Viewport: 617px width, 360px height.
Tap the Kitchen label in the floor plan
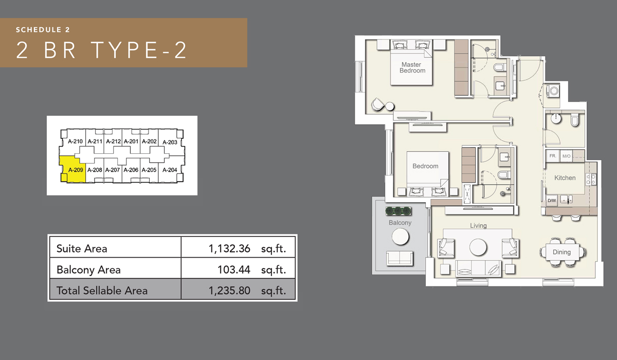coord(565,178)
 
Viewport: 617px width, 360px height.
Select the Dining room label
coord(561,252)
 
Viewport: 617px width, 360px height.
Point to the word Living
coord(478,225)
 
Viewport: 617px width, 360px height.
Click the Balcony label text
coord(400,223)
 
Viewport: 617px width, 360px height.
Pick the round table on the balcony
coord(400,237)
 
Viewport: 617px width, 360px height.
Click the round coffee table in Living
coord(478,247)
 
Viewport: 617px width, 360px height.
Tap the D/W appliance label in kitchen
coord(552,200)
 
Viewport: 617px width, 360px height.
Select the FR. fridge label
coord(553,156)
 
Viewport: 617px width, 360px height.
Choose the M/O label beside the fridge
coord(566,156)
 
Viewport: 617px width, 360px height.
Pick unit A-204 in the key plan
coord(169,170)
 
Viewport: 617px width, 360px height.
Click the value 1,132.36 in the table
coord(229,248)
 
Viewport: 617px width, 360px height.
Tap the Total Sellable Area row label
coord(102,291)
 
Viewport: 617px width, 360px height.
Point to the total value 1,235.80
coord(229,291)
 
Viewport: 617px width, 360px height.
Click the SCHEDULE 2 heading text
coord(43,29)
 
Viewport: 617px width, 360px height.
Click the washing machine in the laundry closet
coord(554,92)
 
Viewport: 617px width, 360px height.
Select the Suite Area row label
coord(82,248)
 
